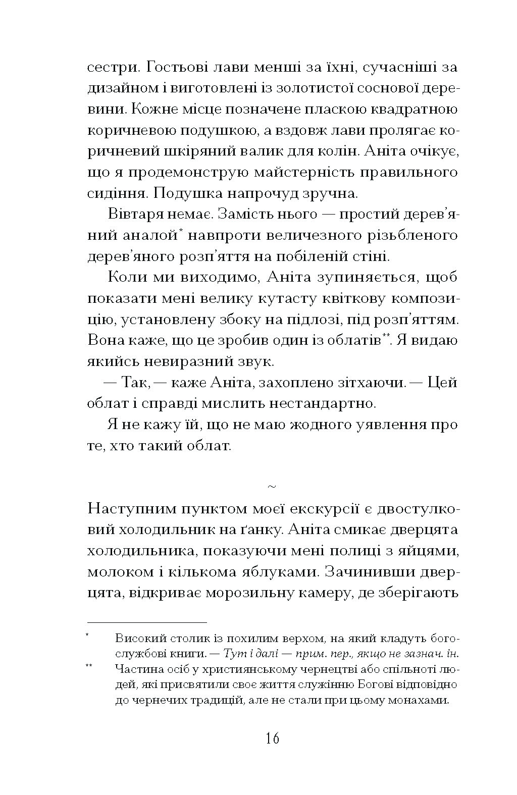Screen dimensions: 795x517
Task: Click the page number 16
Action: click(272, 738)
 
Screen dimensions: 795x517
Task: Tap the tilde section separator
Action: click(272, 487)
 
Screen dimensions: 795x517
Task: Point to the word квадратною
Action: click(411, 109)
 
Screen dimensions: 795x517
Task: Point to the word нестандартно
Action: click(327, 403)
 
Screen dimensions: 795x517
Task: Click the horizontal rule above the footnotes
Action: click(147, 622)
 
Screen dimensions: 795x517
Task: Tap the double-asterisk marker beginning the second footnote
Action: click(89, 667)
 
